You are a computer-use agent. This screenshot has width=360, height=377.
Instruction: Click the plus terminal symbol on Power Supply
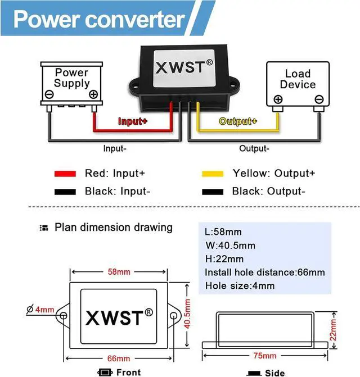(x=93, y=94)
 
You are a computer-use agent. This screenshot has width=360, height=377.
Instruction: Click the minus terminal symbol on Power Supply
(x=49, y=94)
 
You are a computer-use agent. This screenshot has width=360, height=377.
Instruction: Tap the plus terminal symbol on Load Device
(x=278, y=99)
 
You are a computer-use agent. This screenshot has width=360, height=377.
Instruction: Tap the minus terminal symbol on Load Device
(x=319, y=99)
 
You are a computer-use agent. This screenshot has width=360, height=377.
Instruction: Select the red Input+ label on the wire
(x=133, y=121)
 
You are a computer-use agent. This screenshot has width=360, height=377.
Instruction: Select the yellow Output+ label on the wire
(x=238, y=121)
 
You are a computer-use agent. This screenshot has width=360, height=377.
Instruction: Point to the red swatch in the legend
(x=65, y=174)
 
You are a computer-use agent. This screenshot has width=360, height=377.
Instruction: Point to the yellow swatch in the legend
(x=213, y=174)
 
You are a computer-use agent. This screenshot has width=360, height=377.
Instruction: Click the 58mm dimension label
(x=119, y=272)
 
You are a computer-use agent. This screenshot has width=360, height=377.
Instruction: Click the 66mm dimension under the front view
(x=119, y=358)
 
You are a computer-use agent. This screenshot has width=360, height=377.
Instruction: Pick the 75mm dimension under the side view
(x=265, y=356)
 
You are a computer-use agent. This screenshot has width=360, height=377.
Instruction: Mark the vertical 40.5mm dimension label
(x=187, y=314)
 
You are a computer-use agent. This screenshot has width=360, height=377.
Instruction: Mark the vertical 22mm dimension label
(x=333, y=330)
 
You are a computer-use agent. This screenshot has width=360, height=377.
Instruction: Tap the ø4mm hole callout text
(x=40, y=309)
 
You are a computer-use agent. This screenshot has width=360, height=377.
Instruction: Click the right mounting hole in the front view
(x=173, y=316)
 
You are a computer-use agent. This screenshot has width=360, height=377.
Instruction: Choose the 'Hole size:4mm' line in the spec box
(x=240, y=286)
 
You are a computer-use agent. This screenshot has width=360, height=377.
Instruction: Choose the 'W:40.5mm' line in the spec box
(x=230, y=246)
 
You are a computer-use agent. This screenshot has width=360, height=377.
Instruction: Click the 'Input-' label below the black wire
(x=115, y=148)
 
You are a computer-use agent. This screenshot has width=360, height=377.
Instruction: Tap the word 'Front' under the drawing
(x=128, y=373)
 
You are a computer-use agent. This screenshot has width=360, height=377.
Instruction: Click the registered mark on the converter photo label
(x=209, y=62)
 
